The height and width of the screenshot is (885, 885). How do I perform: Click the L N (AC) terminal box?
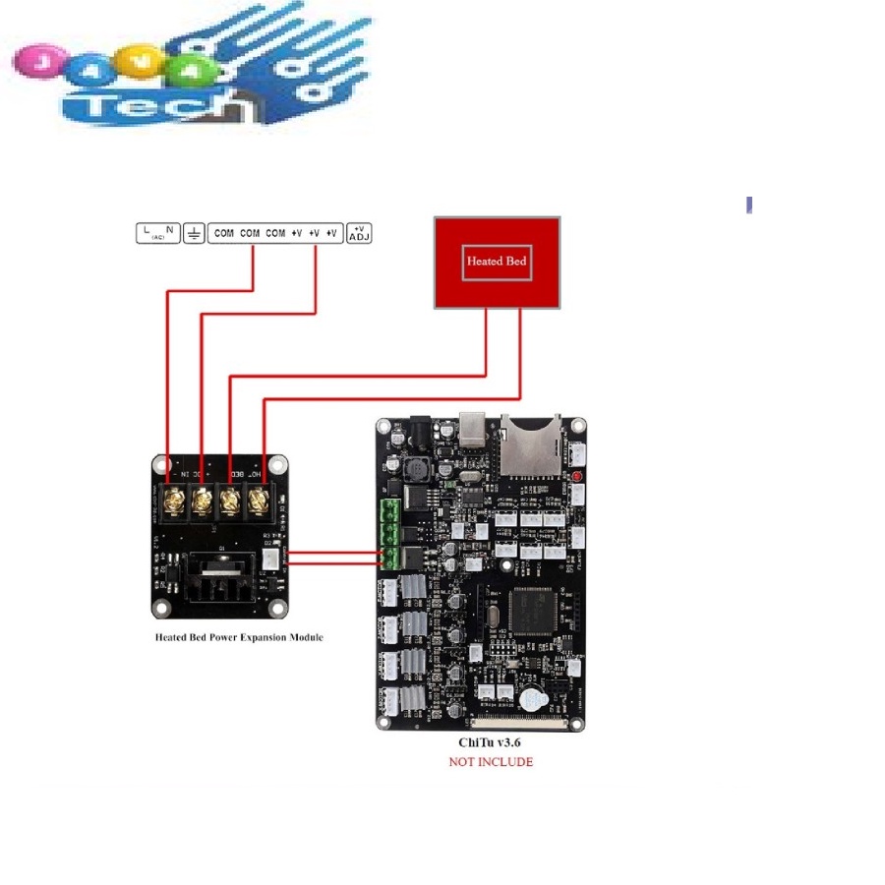157,233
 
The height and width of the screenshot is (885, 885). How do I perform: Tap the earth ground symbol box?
195,233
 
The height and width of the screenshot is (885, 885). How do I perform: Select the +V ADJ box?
359,233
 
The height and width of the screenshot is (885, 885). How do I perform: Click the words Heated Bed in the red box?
498,262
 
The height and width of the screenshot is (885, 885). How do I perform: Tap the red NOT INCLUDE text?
491,762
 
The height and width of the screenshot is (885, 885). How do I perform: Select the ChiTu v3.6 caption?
490,744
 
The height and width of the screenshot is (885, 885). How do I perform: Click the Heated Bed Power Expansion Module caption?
239,637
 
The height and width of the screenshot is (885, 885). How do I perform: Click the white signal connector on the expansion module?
269,559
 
